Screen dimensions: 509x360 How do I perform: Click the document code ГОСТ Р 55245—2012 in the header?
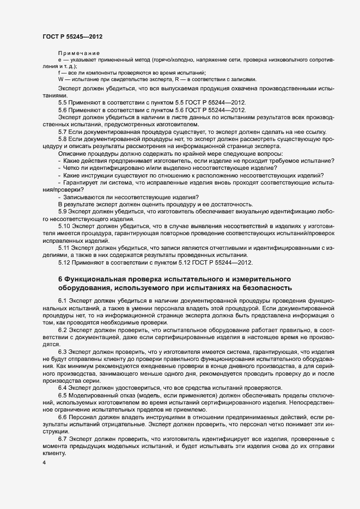(x=72, y=36)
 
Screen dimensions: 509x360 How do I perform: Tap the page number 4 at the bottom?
(x=44, y=463)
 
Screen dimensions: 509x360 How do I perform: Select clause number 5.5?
(x=63, y=102)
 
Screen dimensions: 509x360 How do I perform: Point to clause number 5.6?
(x=63, y=110)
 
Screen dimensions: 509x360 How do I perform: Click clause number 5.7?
(x=63, y=132)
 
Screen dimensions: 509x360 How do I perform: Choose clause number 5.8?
(x=63, y=140)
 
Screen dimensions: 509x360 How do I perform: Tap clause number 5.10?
(x=65, y=225)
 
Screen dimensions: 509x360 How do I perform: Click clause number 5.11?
(x=65, y=248)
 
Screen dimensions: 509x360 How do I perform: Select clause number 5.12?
(x=65, y=263)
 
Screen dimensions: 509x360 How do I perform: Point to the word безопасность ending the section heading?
(x=265, y=287)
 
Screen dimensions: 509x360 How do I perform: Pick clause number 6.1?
(x=63, y=301)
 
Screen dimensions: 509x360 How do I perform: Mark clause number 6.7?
(x=63, y=438)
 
